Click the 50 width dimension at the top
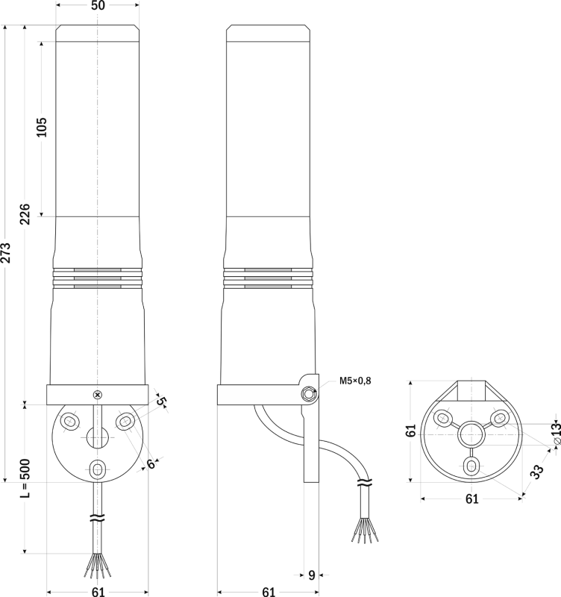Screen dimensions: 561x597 [x=98, y=5]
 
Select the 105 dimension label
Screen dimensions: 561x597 [x=41, y=127]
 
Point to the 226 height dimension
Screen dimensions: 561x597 [x=25, y=214]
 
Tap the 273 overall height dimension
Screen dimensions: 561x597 [x=5, y=252]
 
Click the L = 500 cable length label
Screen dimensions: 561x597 [x=25, y=478]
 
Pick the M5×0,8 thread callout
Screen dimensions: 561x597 [x=355, y=381]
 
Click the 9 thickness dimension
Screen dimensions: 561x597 [x=312, y=575]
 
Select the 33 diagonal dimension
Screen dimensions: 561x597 [x=536, y=472]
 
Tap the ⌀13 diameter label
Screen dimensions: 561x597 [x=556, y=432]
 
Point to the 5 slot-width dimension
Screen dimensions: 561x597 [x=161, y=401]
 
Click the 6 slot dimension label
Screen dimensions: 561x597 [x=151, y=463]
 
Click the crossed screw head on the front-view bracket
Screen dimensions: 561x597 [x=98, y=395]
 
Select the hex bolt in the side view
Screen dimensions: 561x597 [x=308, y=394]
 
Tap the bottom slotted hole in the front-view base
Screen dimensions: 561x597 [x=98, y=469]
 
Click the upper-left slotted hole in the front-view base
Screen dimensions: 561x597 [x=69, y=422]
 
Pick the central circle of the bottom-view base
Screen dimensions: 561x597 [x=471, y=434]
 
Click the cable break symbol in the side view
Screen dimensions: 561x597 [x=365, y=483]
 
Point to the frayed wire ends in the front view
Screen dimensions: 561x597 [x=98, y=566]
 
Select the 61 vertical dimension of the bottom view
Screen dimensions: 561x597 [x=410, y=431]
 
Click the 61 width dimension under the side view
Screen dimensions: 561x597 [x=269, y=591]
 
